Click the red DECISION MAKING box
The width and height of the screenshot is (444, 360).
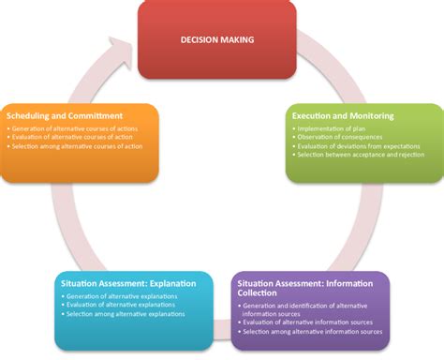[x=217, y=39]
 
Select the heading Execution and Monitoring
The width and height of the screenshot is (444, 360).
[x=342, y=115]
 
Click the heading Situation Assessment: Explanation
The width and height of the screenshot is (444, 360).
[x=123, y=283]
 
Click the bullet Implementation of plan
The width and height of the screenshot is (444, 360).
[x=333, y=127]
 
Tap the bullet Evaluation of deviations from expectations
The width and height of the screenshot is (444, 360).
[x=361, y=145]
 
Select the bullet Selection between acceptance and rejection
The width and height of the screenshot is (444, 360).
[x=361, y=155]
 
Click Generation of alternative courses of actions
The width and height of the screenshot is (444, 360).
[x=78, y=127]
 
